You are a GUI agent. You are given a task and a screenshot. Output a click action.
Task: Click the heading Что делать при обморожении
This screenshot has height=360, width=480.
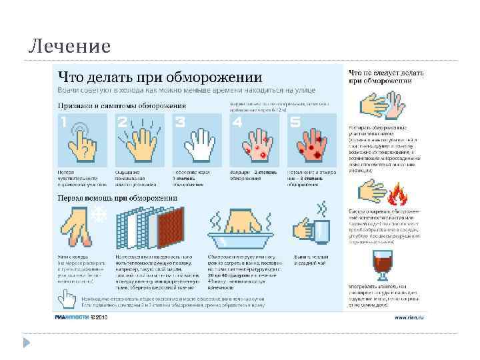point(160,75)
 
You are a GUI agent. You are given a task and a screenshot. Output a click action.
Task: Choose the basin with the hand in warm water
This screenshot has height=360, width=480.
point(243,230)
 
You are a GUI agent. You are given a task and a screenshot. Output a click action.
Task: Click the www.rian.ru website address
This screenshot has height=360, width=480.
point(409,317)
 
